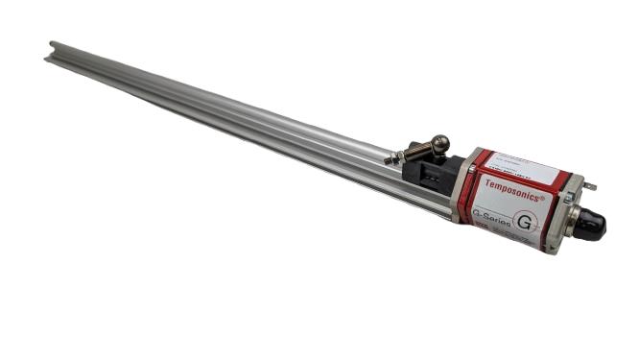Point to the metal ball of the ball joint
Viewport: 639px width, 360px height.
[x=439, y=144]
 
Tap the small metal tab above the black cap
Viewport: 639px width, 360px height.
[x=589, y=186]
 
